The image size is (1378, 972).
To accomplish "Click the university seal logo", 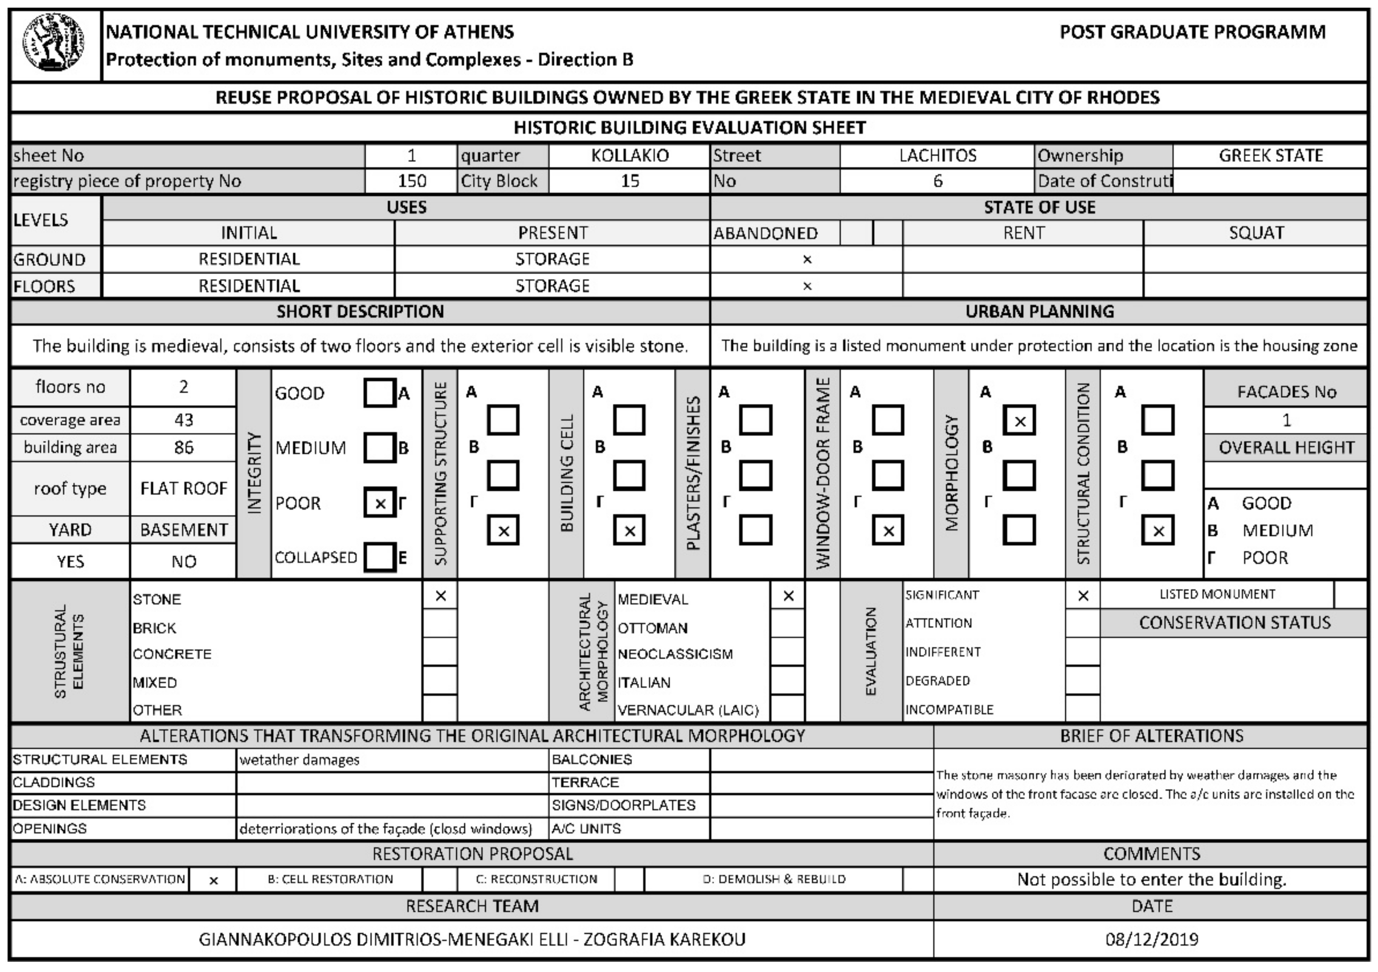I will [x=54, y=43].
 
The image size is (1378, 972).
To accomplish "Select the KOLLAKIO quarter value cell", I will [x=629, y=155].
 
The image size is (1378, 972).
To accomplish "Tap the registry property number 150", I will [x=412, y=181].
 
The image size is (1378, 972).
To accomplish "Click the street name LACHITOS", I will [x=937, y=155].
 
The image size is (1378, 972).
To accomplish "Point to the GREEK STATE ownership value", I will [x=1270, y=155].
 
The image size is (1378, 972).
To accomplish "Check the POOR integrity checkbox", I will [x=379, y=503].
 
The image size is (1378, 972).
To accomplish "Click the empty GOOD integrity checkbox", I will [x=379, y=393].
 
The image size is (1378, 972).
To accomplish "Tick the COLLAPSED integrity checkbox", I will [x=379, y=557].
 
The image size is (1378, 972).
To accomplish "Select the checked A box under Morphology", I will [x=1019, y=420].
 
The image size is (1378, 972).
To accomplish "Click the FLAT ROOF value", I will [x=184, y=489].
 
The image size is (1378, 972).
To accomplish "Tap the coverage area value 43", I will [x=184, y=420].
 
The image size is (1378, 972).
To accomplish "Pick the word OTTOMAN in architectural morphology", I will [x=652, y=628].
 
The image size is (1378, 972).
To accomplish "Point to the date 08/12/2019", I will [x=1151, y=939].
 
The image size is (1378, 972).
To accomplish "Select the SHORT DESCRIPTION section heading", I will [x=360, y=312].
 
